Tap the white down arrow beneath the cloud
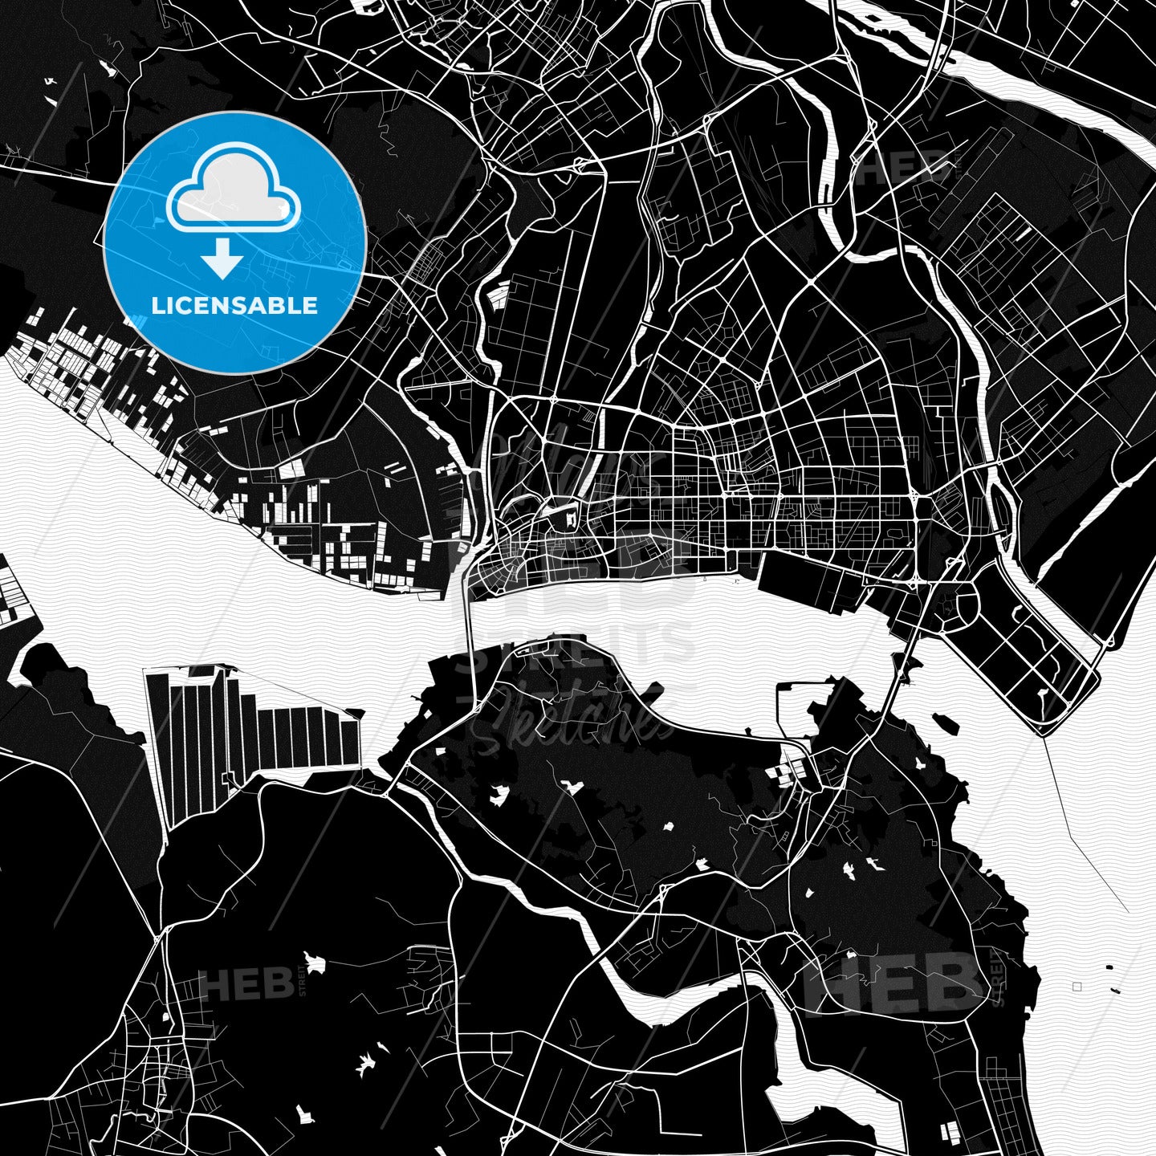point(222,258)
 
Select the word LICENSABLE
point(234,305)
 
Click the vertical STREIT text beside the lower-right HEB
point(999,976)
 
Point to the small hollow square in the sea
point(1077,986)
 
